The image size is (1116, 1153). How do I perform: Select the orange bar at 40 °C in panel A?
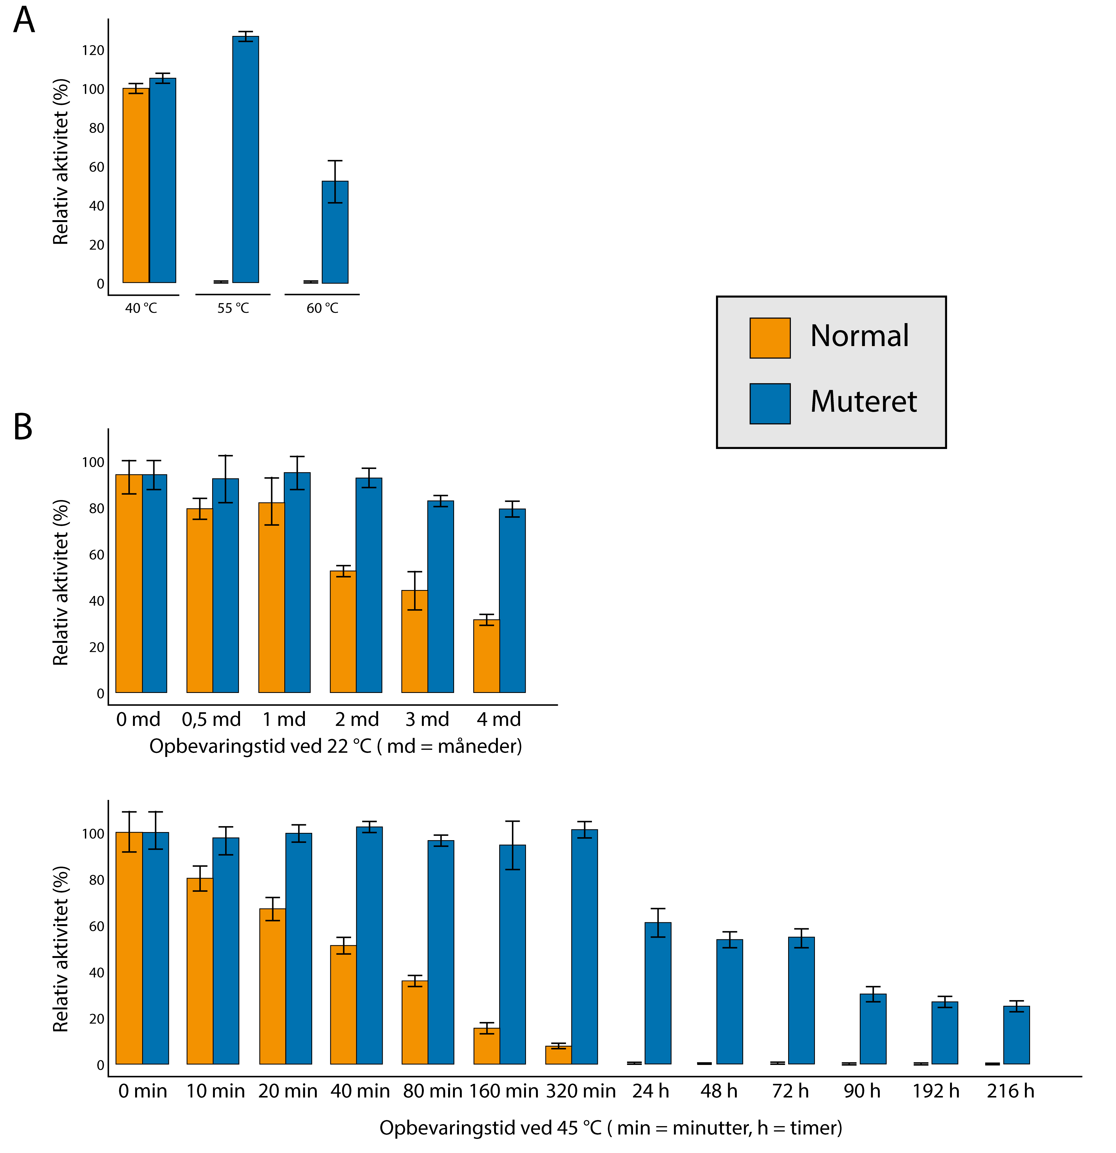tap(136, 185)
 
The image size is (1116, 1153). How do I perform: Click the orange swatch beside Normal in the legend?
tap(769, 338)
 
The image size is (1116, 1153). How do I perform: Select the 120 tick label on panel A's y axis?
tap(93, 51)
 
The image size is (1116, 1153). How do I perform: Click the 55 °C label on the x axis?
tap(233, 308)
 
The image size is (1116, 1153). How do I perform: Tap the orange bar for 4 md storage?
tap(486, 656)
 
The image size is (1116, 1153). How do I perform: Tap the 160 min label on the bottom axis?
tap(504, 1091)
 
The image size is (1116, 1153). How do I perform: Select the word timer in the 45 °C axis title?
tap(815, 1128)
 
